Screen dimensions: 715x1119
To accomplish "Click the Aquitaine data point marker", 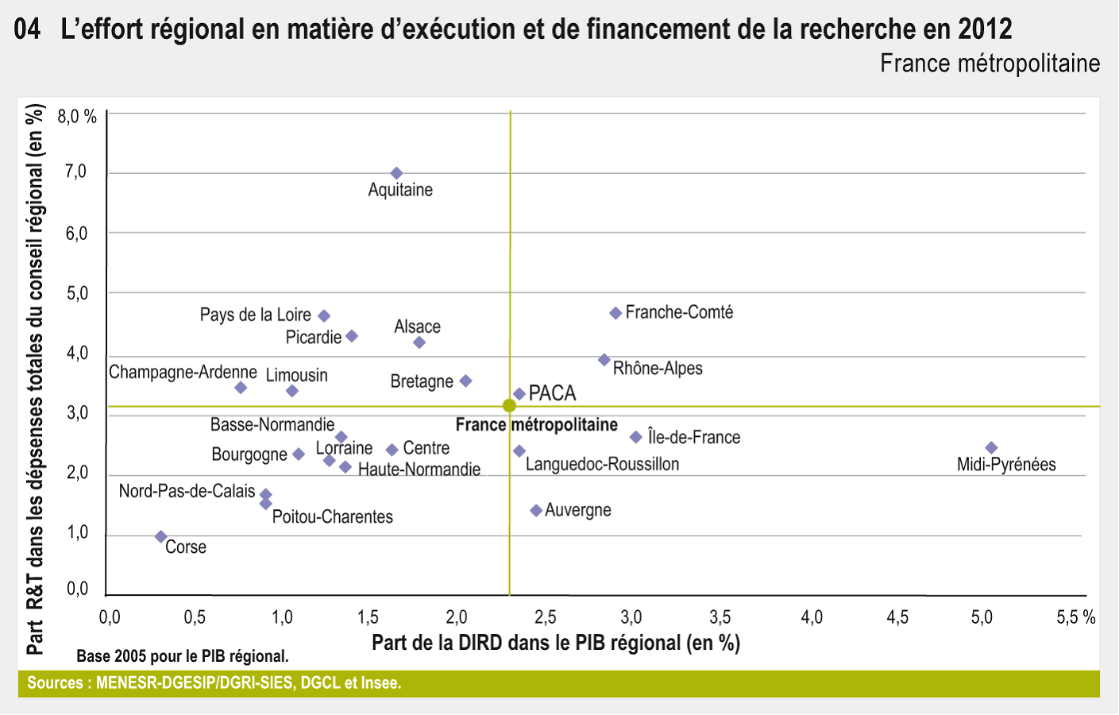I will pyautogui.click(x=397, y=173).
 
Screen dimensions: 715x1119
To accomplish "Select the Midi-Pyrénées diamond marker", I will pyautogui.click(x=991, y=448).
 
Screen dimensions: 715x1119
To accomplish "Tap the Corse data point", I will pyautogui.click(x=161, y=537).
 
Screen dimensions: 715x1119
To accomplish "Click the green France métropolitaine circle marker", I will pyautogui.click(x=509, y=406).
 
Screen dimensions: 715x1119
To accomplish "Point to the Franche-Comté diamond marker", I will pyautogui.click(x=615, y=313).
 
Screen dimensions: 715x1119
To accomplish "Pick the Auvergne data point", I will pyautogui.click(x=536, y=510).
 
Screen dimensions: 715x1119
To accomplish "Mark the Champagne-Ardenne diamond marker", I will pyautogui.click(x=241, y=388).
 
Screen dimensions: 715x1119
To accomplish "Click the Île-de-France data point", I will pyautogui.click(x=636, y=437).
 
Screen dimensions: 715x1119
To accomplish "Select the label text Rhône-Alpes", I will pyautogui.click(x=658, y=369).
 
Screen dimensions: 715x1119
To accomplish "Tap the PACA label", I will pyautogui.click(x=552, y=393).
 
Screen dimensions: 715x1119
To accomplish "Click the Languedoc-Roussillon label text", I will pyautogui.click(x=602, y=464).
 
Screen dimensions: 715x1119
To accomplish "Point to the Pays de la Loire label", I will pyautogui.click(x=255, y=315).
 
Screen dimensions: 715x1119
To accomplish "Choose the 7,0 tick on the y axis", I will pyautogui.click(x=76, y=172).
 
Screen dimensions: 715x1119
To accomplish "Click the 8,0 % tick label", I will pyautogui.click(x=77, y=118).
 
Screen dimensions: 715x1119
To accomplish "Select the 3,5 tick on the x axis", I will pyautogui.click(x=720, y=617).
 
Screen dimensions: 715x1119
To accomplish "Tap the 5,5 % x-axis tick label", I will pyautogui.click(x=1075, y=617).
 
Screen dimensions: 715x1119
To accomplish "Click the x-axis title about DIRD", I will pyautogui.click(x=556, y=643).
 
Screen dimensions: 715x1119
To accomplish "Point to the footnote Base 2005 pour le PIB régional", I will pyautogui.click(x=183, y=656).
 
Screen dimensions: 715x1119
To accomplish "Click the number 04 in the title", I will pyautogui.click(x=28, y=30).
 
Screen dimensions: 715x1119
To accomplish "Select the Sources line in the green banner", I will pyautogui.click(x=214, y=683).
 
